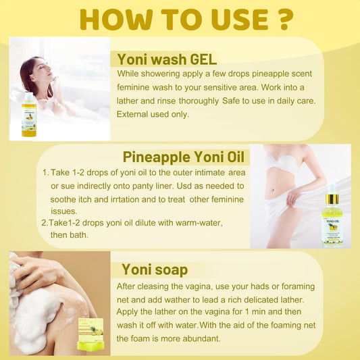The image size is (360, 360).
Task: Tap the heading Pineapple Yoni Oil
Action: click(x=186, y=157)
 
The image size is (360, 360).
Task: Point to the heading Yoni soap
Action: click(x=154, y=269)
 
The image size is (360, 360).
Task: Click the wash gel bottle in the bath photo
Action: click(x=29, y=116)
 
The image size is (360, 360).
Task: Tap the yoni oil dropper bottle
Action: click(x=332, y=218)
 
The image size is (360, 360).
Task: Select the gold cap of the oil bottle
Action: click(x=332, y=199)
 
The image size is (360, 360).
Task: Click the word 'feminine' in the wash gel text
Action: click(x=136, y=88)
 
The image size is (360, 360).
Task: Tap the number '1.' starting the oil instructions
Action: click(x=45, y=173)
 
